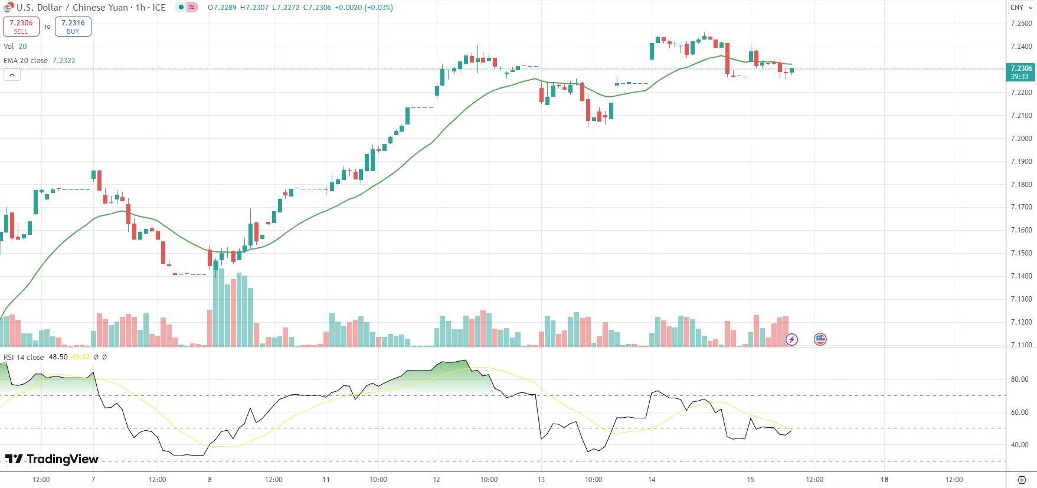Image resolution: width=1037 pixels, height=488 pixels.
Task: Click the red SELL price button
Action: click(x=21, y=27)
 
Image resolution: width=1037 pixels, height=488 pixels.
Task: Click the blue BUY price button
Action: click(x=73, y=27)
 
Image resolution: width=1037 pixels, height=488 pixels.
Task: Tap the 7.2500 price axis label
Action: click(x=1021, y=24)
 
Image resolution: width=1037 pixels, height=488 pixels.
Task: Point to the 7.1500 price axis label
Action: click(x=1021, y=253)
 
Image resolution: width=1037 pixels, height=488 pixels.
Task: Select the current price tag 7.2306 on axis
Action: click(x=1020, y=72)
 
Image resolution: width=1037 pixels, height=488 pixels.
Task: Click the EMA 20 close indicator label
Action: click(x=26, y=61)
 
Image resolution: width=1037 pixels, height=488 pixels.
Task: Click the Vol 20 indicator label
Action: click(x=15, y=47)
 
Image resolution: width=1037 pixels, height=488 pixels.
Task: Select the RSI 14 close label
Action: click(x=24, y=357)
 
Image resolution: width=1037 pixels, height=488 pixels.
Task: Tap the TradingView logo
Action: click(x=52, y=459)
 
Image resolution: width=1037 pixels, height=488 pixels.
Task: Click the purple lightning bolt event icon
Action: click(x=791, y=339)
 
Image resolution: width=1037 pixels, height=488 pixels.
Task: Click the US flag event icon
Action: click(x=820, y=339)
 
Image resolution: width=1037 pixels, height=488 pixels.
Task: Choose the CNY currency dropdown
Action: click(x=1021, y=8)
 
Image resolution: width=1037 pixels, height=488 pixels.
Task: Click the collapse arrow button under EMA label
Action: click(x=12, y=75)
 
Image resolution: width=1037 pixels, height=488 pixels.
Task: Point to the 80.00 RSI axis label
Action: click(x=1019, y=379)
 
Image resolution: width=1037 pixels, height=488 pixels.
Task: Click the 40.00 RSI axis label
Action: click(x=1019, y=445)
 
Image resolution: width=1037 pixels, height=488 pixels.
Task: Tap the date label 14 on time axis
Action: click(x=652, y=480)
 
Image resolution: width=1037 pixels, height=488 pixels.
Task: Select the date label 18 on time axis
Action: click(x=884, y=480)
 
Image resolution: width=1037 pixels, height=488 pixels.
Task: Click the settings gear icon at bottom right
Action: click(x=1022, y=480)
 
